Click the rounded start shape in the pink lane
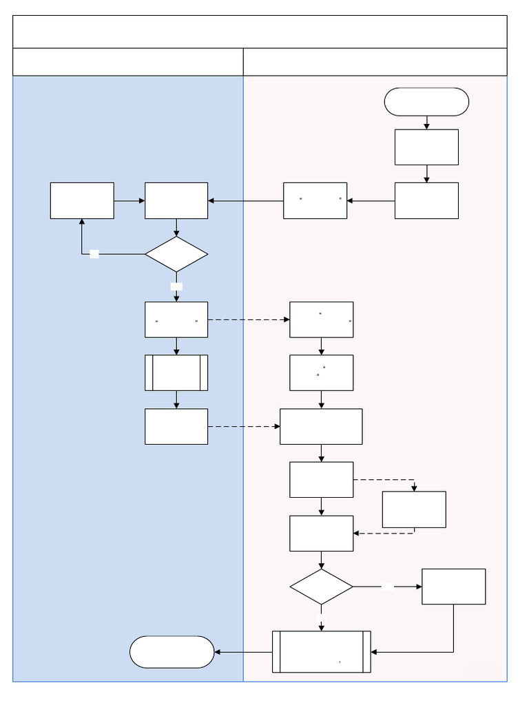pyautogui.click(x=426, y=102)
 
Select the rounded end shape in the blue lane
pyautogui.click(x=172, y=652)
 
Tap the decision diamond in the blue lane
pyautogui.click(x=176, y=254)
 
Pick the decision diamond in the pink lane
pyautogui.click(x=321, y=587)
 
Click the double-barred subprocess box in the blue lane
pyautogui.click(x=176, y=372)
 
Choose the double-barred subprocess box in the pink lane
pyautogui.click(x=321, y=651)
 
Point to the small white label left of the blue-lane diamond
pyautogui.click(x=94, y=254)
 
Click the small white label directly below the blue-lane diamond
pyautogui.click(x=176, y=286)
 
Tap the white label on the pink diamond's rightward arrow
pyautogui.click(x=388, y=587)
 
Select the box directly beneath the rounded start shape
pyautogui.click(x=426, y=147)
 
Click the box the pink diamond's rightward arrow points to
pyautogui.click(x=453, y=587)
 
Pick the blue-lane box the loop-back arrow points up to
pyautogui.click(x=82, y=200)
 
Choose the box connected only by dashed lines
pyautogui.click(x=414, y=509)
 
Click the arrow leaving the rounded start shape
pyautogui.click(x=426, y=123)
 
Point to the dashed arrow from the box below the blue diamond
pyautogui.click(x=248, y=319)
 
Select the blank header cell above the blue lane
pyautogui.click(x=128, y=62)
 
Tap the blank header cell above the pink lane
pyautogui.click(x=375, y=62)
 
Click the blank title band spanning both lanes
pyautogui.click(x=260, y=32)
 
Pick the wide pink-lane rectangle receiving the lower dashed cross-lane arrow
pyautogui.click(x=321, y=426)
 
